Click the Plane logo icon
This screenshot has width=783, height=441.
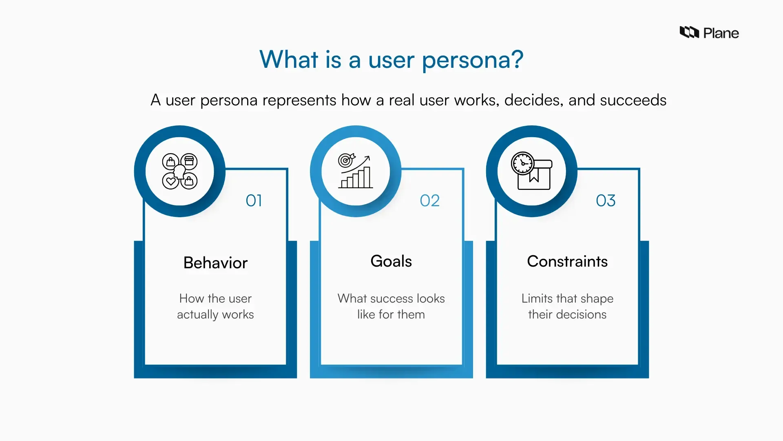689,32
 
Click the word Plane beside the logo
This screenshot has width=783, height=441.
721,33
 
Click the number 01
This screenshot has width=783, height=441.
254,200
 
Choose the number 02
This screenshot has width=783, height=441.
429,200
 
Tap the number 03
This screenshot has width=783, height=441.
606,200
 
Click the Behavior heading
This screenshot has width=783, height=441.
215,263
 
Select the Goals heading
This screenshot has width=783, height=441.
391,261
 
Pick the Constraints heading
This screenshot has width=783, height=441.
567,261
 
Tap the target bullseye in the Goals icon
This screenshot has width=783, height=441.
345,160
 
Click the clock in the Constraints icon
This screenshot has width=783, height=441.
522,163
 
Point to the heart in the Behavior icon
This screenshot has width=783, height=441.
171,181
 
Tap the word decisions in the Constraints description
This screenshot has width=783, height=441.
581,314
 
